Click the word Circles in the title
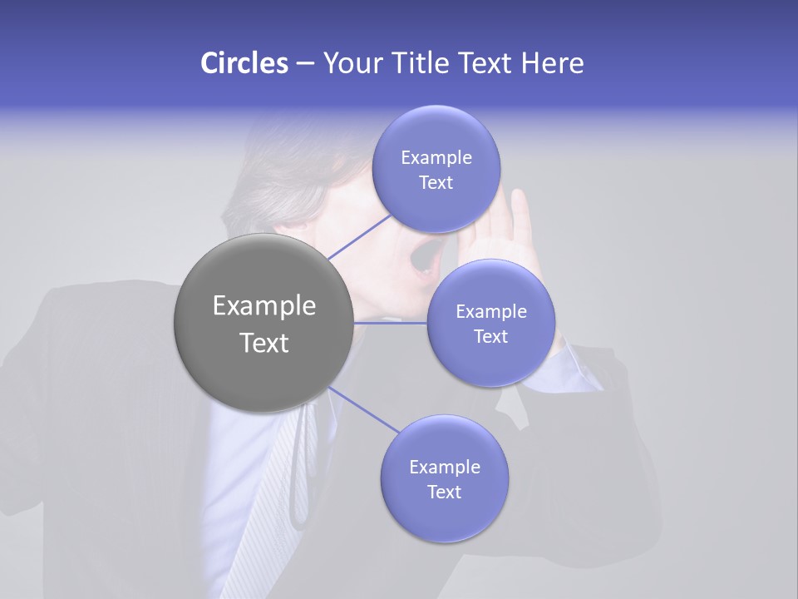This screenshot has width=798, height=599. [x=244, y=63]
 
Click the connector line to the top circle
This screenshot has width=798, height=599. [x=359, y=237]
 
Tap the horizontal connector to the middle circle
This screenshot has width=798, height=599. [x=390, y=322]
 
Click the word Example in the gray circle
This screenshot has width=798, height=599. [x=264, y=306]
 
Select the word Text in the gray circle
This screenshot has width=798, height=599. [x=264, y=343]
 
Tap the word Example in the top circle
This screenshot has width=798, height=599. [x=436, y=158]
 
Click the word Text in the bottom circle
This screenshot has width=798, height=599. [x=444, y=492]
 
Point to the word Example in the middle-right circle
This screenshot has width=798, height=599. [x=490, y=312]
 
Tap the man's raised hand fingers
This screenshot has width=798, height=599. [x=520, y=212]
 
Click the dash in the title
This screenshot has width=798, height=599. [x=305, y=64]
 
